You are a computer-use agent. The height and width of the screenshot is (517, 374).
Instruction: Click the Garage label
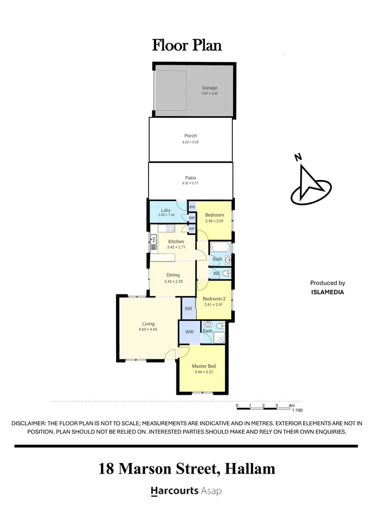(209, 88)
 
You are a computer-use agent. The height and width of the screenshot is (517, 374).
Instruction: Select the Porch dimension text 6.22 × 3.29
(190, 142)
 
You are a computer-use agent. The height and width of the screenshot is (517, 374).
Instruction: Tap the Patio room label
(190, 178)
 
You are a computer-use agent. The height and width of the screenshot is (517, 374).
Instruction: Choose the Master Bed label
(204, 366)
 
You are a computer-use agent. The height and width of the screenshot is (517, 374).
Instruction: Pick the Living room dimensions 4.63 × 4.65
(148, 329)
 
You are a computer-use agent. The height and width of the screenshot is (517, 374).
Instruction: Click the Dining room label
(173, 275)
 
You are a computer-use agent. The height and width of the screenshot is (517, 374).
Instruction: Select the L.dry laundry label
(166, 210)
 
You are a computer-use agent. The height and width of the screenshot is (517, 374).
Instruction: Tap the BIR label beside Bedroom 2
(188, 309)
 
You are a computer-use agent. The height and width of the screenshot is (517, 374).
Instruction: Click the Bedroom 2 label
(214, 299)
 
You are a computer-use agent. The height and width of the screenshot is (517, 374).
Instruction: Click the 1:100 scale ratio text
(297, 410)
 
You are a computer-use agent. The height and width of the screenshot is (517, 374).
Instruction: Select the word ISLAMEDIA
(327, 292)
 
